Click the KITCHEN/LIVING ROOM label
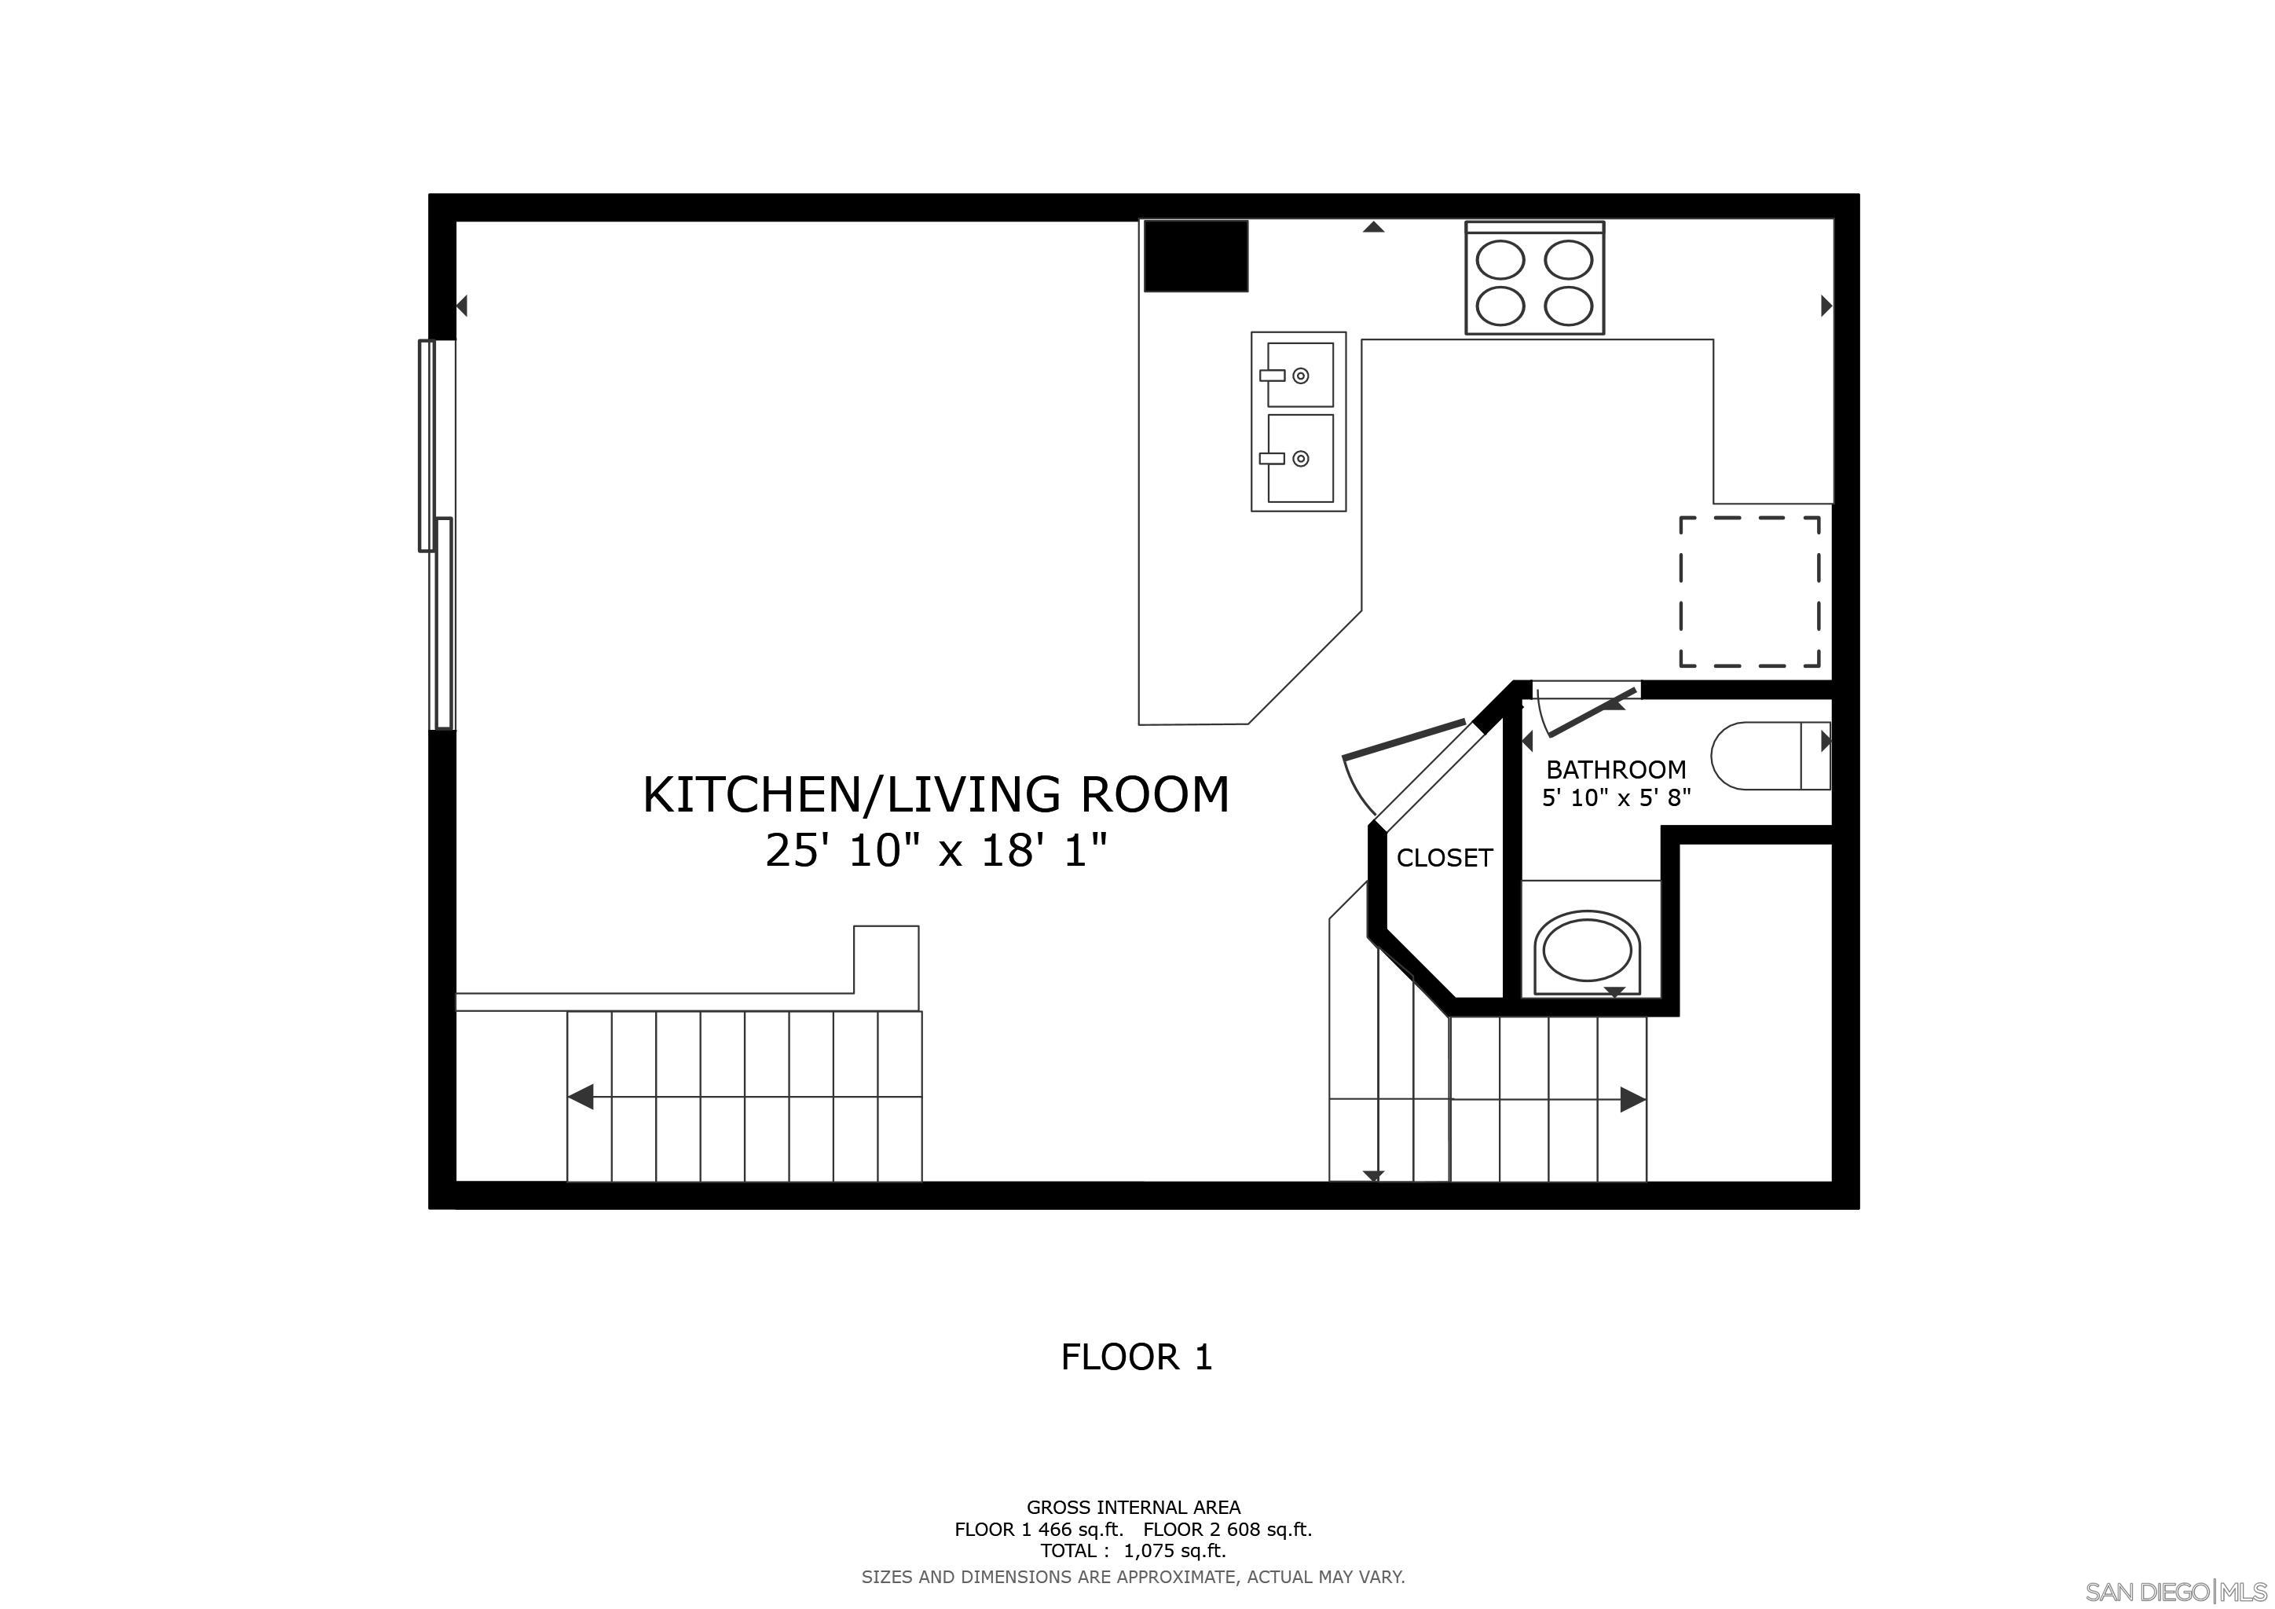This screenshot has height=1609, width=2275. (x=936, y=794)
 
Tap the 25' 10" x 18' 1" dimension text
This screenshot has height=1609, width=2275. (x=936, y=851)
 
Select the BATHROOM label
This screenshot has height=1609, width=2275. (x=1615, y=770)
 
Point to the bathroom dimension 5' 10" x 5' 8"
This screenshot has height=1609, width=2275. (x=1615, y=797)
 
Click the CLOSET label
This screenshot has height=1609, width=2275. (x=1444, y=858)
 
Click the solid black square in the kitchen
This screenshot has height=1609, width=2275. (x=1195, y=255)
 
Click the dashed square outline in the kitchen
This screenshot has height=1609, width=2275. (x=1749, y=592)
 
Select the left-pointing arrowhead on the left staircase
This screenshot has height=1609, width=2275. (x=581, y=1097)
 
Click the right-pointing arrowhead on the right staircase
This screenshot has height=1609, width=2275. (x=1632, y=1100)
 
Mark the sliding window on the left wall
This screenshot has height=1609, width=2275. (x=437, y=535)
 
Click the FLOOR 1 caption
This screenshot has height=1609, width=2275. (x=1137, y=1358)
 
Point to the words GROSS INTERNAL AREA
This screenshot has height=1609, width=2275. (x=1133, y=1508)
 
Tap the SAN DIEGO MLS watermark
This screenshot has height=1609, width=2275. (x=2175, y=1590)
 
